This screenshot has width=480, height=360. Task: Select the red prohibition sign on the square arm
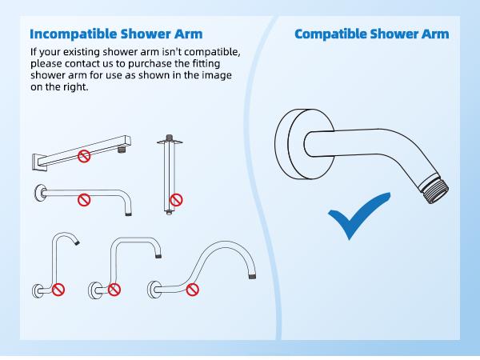coord(84,157)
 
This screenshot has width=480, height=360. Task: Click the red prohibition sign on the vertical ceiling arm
coord(176,199)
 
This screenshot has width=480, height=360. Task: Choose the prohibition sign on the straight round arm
coord(84,199)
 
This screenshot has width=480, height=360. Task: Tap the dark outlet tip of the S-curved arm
coord(252,275)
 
